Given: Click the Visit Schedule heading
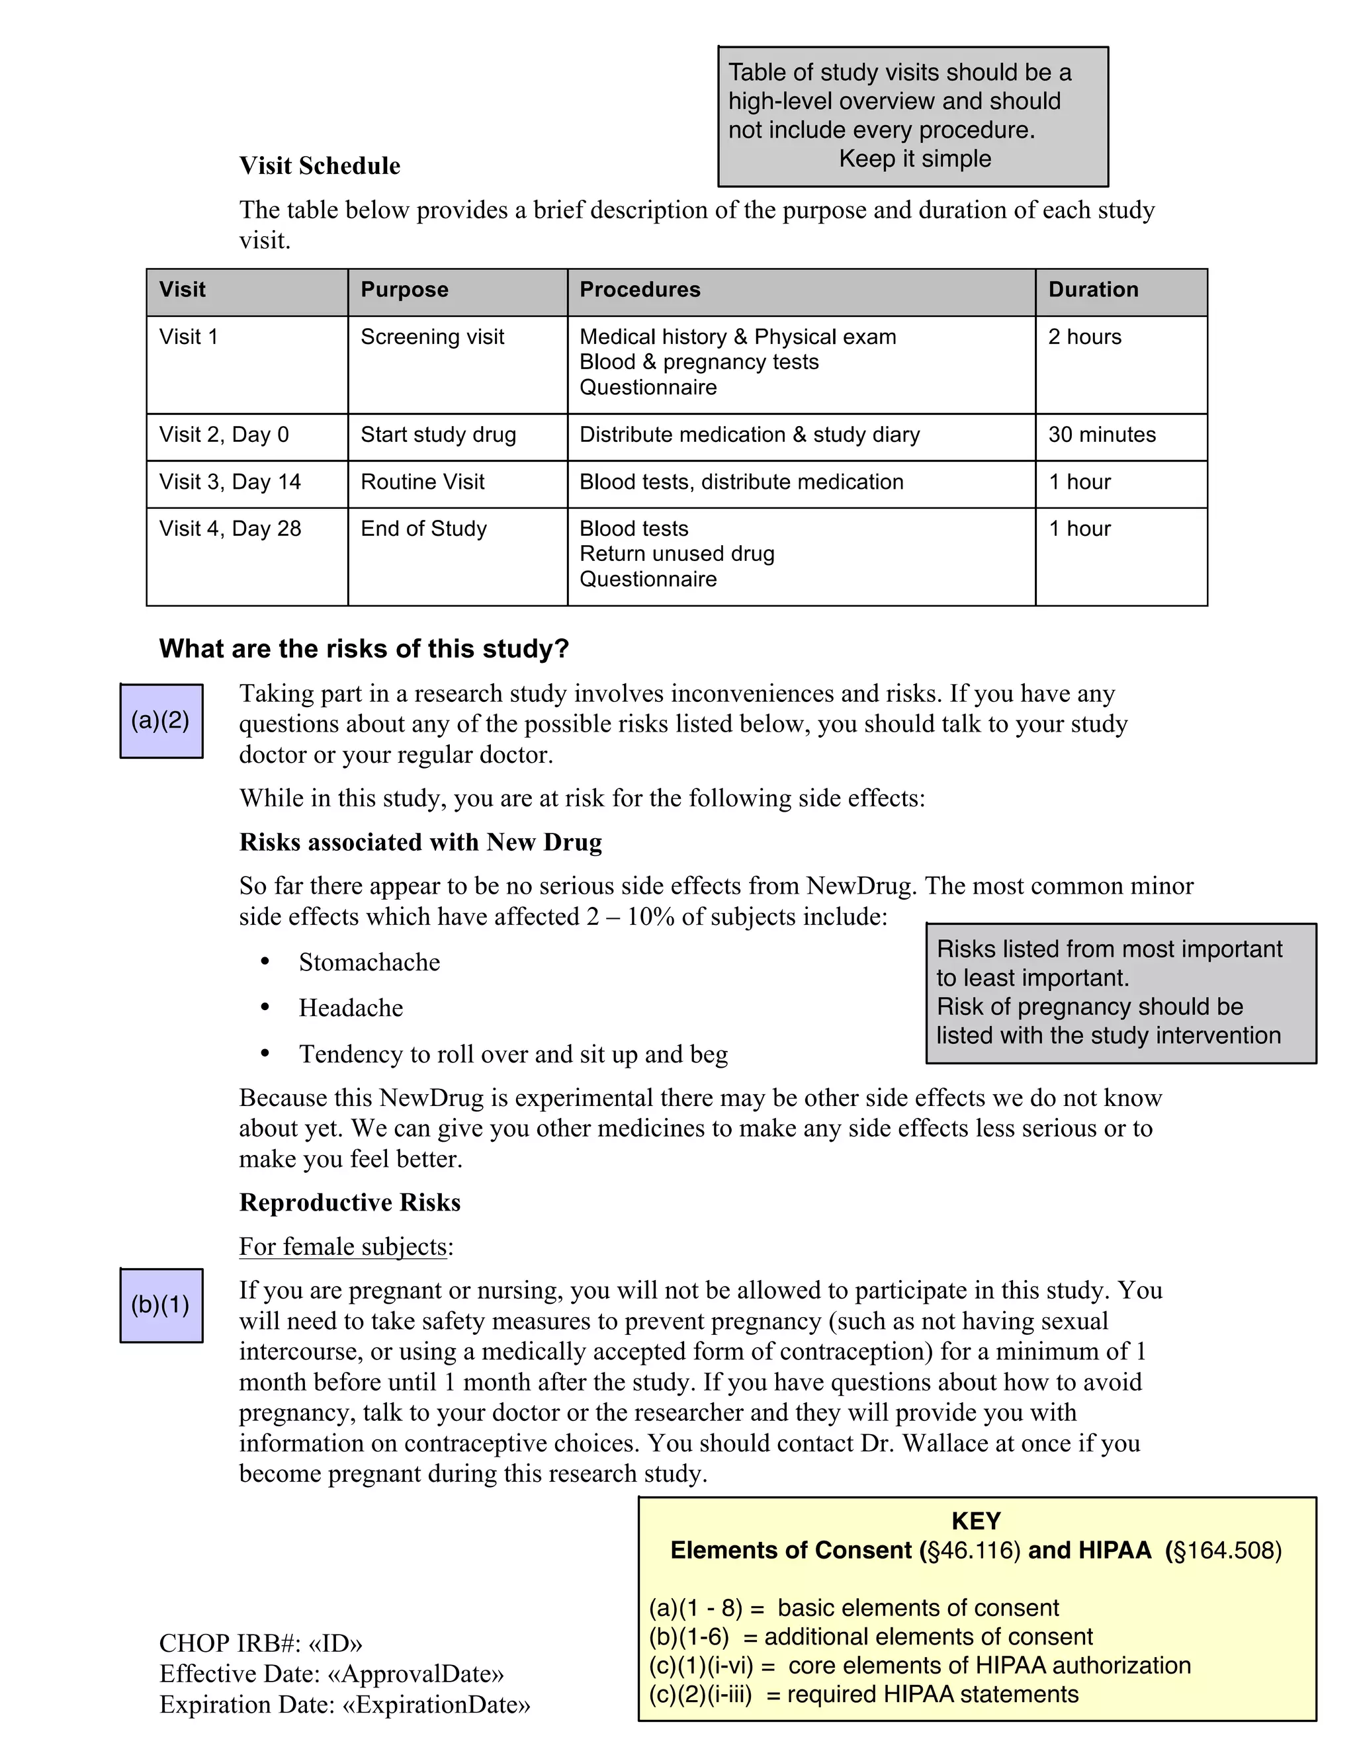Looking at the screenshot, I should pyautogui.click(x=320, y=165).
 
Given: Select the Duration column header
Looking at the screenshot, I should pyautogui.click(x=1092, y=290).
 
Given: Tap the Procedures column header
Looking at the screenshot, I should pyautogui.click(x=640, y=290).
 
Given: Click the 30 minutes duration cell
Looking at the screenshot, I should pyautogui.click(x=1102, y=435).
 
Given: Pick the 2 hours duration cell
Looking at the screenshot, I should pyautogui.click(x=1084, y=337).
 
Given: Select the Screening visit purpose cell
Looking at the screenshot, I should pyautogui.click(x=432, y=337).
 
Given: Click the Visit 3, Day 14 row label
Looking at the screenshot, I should pyautogui.click(x=230, y=482).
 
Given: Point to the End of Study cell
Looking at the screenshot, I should pyautogui.click(x=423, y=529).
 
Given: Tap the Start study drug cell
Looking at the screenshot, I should pyautogui.click(x=437, y=435).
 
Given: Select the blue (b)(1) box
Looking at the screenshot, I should pyautogui.click(x=161, y=1305).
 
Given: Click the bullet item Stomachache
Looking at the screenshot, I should pyautogui.click(x=369, y=962).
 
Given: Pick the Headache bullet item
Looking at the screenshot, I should pyautogui.click(x=351, y=1008).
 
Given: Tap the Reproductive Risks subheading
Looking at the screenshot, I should pyautogui.click(x=350, y=1203).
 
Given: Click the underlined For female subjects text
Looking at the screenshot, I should pyautogui.click(x=343, y=1246).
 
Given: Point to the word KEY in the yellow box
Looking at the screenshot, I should pyautogui.click(x=975, y=1521).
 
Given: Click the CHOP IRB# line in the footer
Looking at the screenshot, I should pyautogui.click(x=261, y=1644).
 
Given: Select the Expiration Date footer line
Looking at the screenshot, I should pyautogui.click(x=344, y=1705).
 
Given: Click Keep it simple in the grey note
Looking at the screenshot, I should pyautogui.click(x=914, y=159).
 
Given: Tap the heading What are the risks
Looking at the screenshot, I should pyautogui.click(x=364, y=648).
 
